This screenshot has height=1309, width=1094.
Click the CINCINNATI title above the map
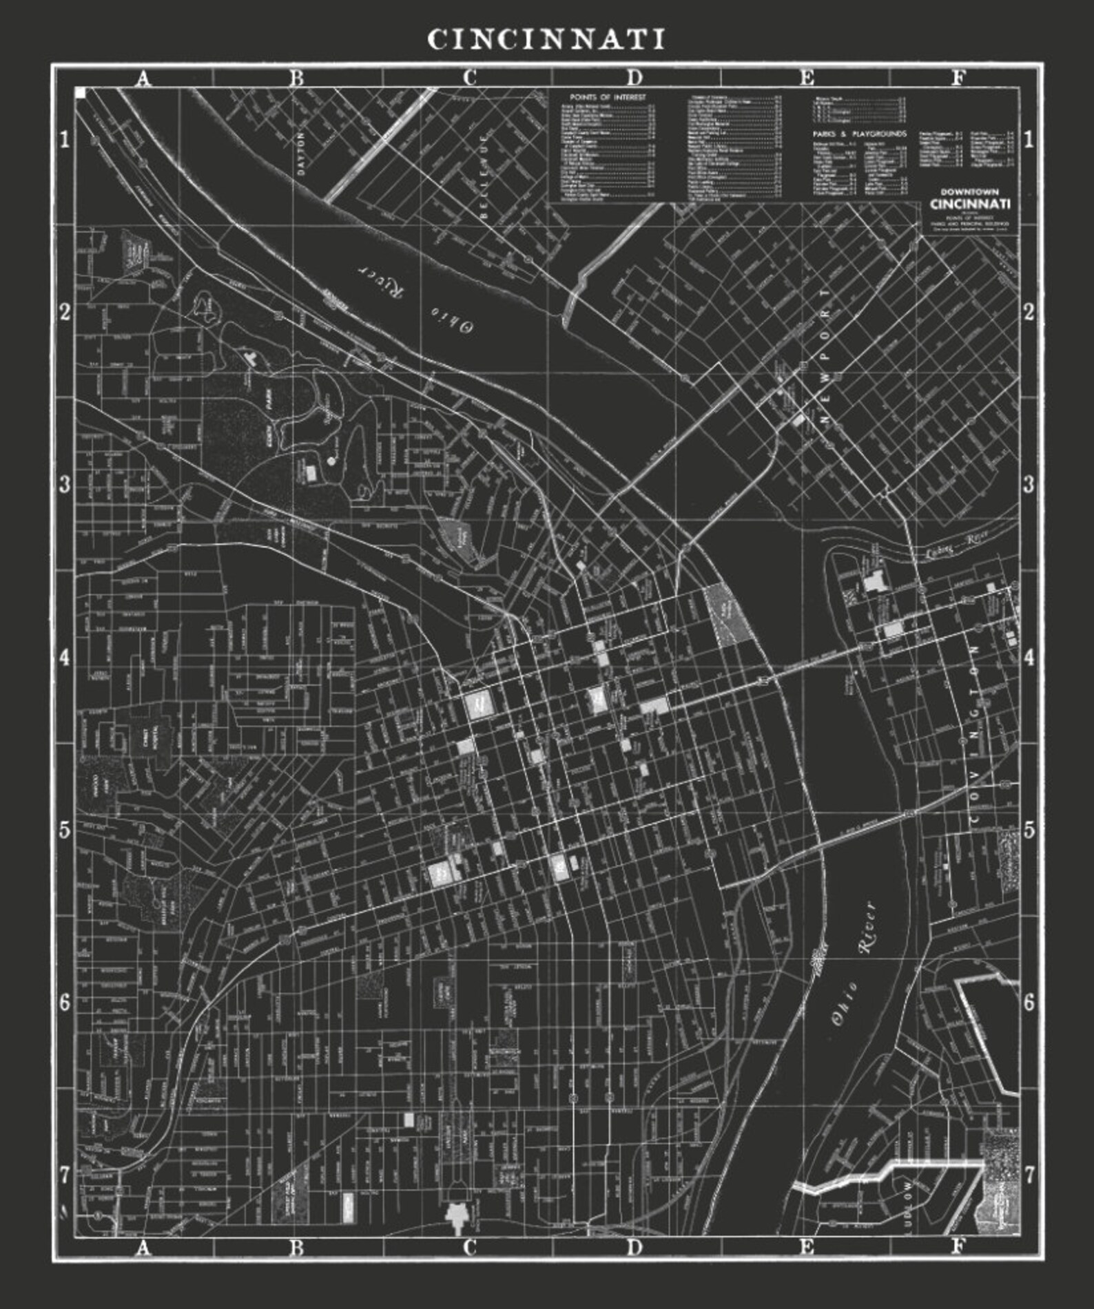tap(546, 39)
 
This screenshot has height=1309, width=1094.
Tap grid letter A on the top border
tap(143, 78)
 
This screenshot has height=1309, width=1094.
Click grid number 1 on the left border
tap(65, 140)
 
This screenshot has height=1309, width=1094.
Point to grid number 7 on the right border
tap(1029, 1175)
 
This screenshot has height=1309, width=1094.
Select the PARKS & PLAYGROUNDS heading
tap(859, 134)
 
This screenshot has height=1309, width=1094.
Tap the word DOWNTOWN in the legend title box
tap(970, 192)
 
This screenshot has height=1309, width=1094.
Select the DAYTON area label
tap(300, 153)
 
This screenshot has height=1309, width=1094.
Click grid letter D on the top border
tap(634, 78)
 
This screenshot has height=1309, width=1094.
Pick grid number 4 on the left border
tap(65, 658)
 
